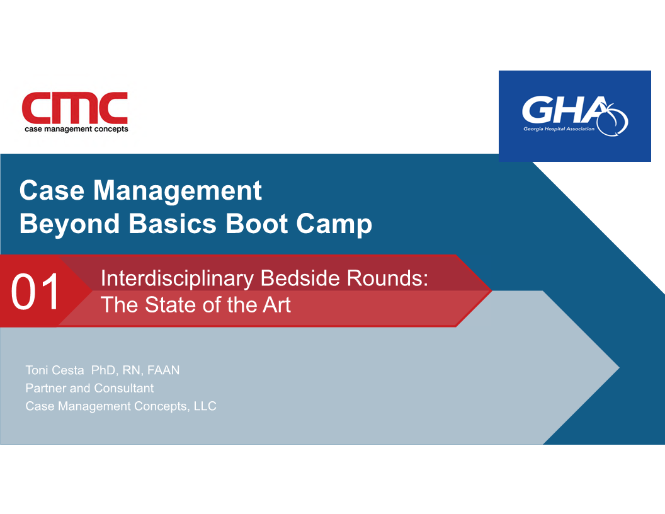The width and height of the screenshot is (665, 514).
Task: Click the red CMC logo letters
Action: tap(75, 108)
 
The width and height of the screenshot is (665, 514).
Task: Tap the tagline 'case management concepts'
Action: tap(76, 129)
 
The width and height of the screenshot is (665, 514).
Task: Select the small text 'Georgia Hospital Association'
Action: tap(559, 129)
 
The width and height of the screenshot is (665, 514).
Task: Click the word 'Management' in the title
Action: tap(178, 190)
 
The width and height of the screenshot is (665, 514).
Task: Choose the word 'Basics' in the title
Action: tap(173, 224)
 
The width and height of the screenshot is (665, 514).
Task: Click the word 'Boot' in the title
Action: tap(256, 224)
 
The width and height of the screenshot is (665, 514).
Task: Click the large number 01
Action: tap(36, 292)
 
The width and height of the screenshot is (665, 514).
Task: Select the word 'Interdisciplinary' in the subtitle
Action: tap(178, 279)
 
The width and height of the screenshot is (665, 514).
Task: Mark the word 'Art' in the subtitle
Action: tap(276, 305)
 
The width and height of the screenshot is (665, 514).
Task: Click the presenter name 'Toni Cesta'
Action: tap(55, 370)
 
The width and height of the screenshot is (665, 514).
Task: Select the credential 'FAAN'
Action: tap(163, 370)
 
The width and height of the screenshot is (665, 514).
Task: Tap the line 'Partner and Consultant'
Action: tap(89, 388)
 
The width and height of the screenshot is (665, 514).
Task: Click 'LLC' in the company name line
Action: tap(205, 406)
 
